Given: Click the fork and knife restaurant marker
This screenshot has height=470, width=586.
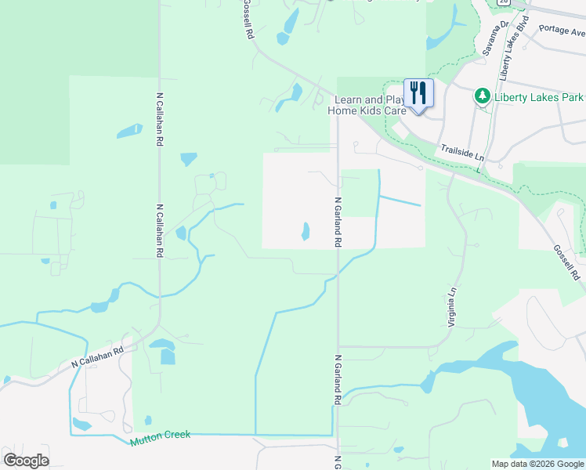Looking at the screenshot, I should point(418,94).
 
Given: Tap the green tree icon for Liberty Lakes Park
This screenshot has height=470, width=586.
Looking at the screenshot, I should point(483,97).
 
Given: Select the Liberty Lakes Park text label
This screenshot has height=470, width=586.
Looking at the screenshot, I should point(538,97).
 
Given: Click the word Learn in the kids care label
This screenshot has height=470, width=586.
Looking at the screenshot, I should point(349,99).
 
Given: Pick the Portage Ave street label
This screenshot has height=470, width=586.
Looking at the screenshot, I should point(562,31).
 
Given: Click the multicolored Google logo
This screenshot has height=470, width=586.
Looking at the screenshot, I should point(26,461).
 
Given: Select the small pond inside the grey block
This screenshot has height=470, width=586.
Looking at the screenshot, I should point(305,231).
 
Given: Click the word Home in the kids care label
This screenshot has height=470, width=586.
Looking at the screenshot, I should point(342,110).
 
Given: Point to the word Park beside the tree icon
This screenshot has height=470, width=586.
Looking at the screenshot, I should point(572,97).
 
